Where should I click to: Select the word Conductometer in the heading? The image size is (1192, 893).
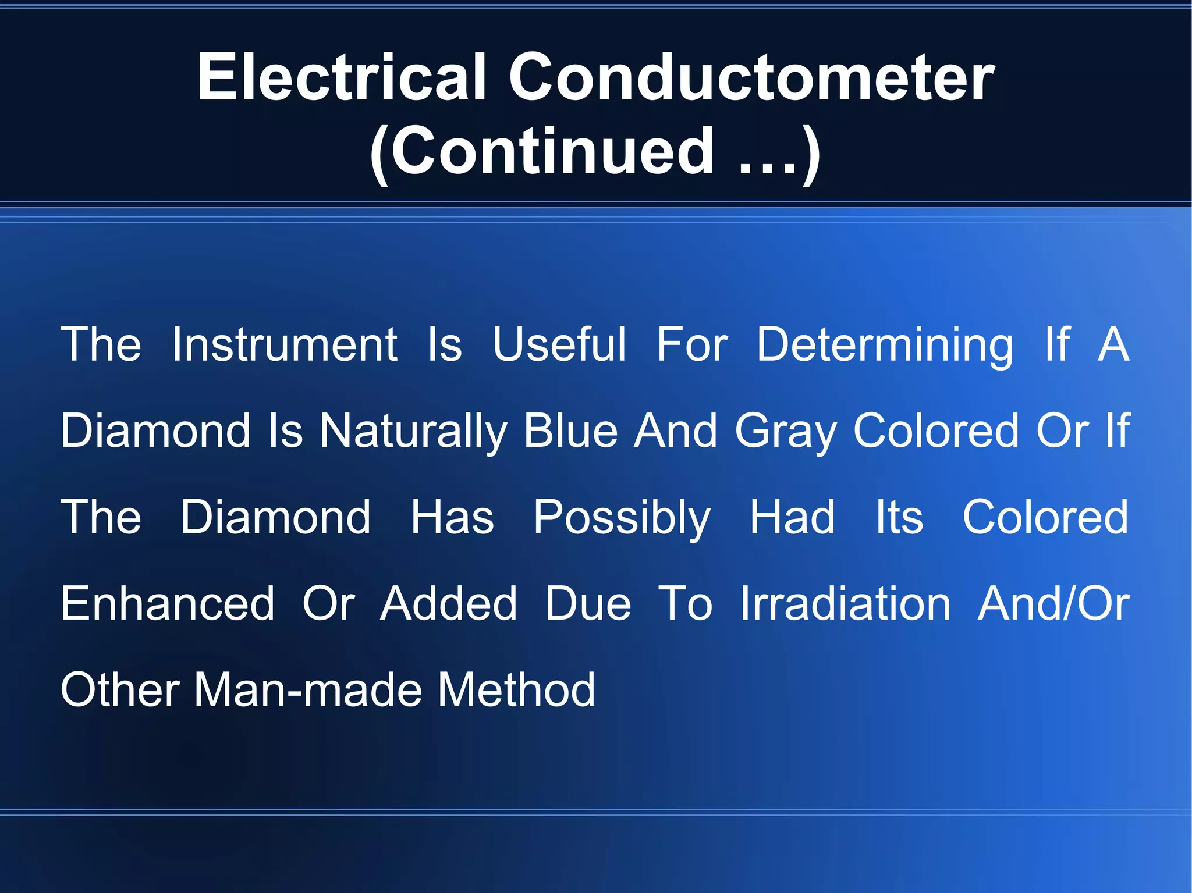751,77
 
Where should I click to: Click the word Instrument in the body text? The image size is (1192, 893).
285,344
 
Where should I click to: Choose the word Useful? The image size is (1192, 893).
559,344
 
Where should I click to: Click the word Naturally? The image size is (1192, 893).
414,432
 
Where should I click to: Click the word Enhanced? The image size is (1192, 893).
168,603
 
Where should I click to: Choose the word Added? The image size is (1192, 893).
449,603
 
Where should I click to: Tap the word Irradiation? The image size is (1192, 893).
845,603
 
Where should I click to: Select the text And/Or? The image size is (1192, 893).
1053,603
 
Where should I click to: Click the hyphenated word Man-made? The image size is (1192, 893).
308,690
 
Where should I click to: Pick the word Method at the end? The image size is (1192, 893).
516,690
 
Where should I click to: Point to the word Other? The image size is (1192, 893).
120,690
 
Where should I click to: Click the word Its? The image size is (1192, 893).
899,517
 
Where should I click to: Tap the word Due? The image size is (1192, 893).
588,603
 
